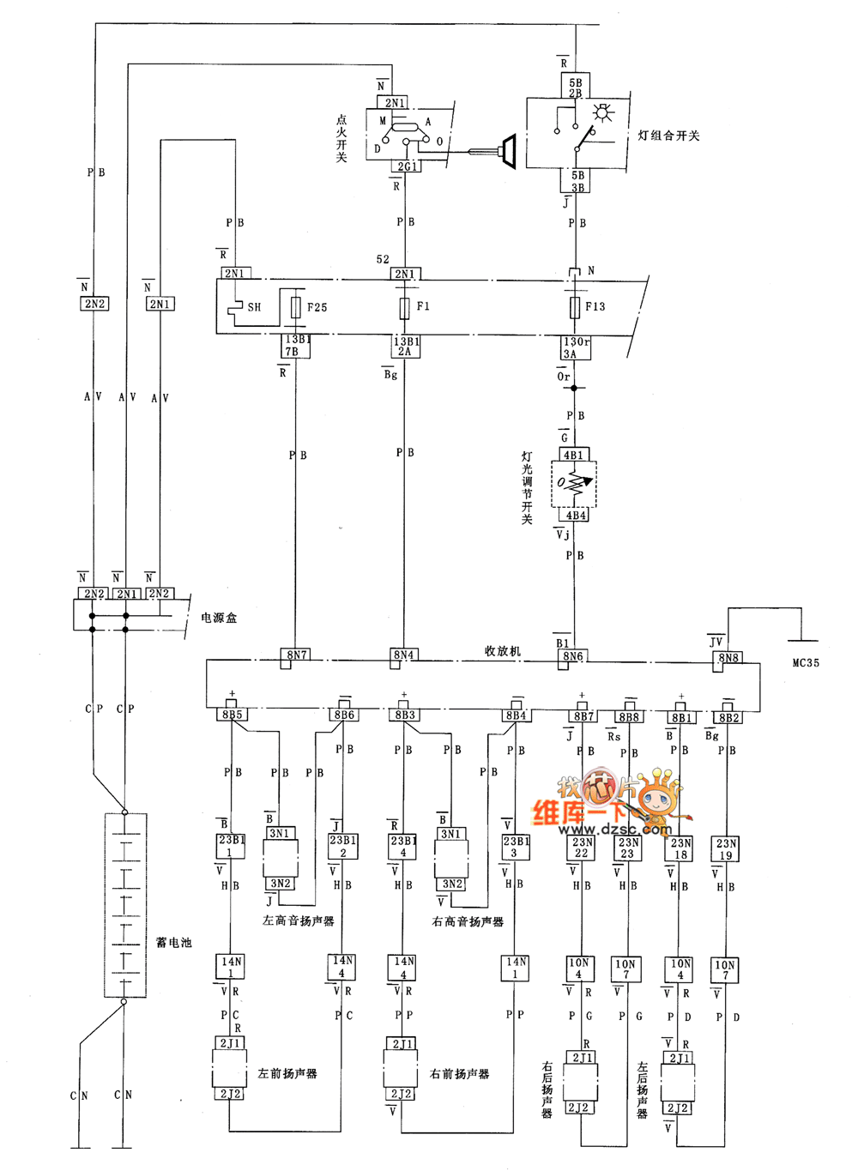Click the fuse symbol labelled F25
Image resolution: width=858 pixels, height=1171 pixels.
click(x=296, y=307)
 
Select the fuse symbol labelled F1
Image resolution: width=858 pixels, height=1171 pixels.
click(x=404, y=307)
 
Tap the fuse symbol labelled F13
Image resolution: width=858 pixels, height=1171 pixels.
click(x=575, y=307)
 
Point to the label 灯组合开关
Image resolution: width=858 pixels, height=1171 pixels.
click(x=668, y=136)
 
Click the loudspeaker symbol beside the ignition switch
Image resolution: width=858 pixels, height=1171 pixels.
click(x=507, y=151)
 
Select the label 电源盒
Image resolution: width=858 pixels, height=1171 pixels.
click(x=219, y=618)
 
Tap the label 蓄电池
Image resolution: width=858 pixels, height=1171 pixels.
click(x=173, y=942)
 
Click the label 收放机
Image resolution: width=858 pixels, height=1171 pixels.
click(x=503, y=651)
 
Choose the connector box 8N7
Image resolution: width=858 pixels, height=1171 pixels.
click(x=297, y=655)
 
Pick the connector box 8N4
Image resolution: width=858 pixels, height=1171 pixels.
click(x=403, y=655)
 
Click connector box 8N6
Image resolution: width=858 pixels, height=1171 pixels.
click(x=572, y=656)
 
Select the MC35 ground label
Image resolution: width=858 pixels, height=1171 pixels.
click(x=806, y=663)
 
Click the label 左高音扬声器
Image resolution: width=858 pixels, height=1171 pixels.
click(x=298, y=921)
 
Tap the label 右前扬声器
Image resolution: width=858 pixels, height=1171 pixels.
click(x=459, y=1074)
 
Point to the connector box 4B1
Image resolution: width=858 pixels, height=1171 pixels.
click(x=573, y=456)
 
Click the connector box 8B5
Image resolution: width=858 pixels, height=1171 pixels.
click(x=232, y=715)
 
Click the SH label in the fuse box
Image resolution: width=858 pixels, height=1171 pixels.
click(x=254, y=307)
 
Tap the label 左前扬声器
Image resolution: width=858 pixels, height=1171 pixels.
click(x=287, y=1074)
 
